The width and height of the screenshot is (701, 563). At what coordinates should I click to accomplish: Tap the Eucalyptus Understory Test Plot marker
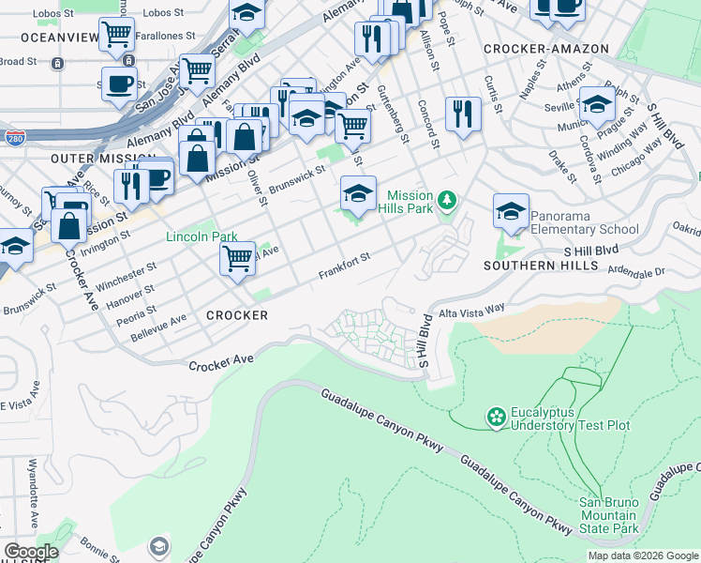(x=496, y=415)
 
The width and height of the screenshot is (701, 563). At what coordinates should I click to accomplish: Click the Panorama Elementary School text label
(x=585, y=229)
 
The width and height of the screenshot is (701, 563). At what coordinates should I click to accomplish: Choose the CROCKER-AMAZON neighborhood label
(x=546, y=48)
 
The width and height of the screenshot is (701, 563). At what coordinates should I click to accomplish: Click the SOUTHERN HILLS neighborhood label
(x=541, y=266)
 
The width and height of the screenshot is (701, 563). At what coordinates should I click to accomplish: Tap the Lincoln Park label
(x=201, y=237)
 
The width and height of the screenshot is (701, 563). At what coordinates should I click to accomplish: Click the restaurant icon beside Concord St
(x=463, y=113)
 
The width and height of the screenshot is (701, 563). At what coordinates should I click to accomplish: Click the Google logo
(x=31, y=552)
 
